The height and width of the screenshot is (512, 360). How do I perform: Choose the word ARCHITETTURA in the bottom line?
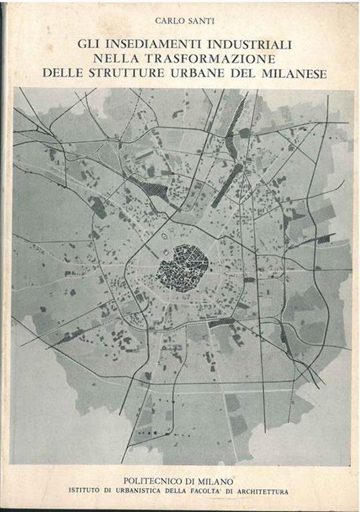[265, 492]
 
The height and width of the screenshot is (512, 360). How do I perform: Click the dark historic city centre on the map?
[181, 267]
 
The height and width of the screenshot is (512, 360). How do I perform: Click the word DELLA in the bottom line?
[185, 492]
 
